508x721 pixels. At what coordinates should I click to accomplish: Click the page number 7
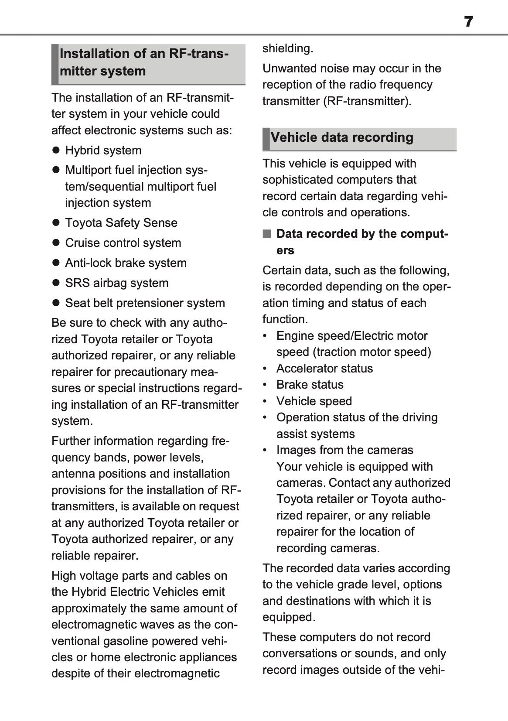(468, 21)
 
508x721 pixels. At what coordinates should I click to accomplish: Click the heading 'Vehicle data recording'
(342, 138)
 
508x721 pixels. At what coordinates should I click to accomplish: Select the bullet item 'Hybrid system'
(103, 150)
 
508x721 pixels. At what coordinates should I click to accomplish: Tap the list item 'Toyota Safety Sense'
(121, 223)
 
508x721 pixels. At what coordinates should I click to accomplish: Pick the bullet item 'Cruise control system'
(123, 243)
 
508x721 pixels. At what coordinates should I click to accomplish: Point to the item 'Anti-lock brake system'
(126, 263)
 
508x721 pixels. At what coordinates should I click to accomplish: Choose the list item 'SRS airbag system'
(116, 283)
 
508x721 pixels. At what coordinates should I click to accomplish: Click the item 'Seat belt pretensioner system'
(145, 303)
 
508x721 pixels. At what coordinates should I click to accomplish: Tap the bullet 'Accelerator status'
(324, 369)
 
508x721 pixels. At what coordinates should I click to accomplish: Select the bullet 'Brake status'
(310, 385)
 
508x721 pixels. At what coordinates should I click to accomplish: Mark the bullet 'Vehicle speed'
(314, 401)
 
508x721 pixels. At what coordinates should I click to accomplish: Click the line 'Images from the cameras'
(344, 450)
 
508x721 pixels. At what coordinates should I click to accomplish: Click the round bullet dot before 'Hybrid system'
(56, 150)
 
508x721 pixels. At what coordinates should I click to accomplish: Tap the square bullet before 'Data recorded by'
(267, 234)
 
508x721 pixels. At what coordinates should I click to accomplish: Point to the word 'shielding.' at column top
(288, 48)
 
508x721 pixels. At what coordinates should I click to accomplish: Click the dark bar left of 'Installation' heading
(55, 64)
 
